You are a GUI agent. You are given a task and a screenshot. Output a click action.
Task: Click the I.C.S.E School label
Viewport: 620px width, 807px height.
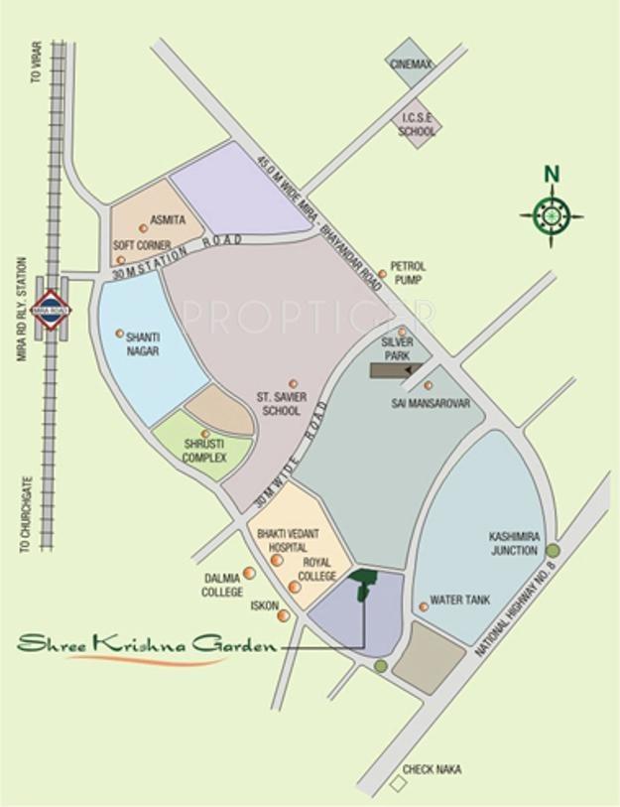(x=418, y=124)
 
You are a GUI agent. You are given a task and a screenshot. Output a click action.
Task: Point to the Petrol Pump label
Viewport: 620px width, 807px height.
(x=408, y=273)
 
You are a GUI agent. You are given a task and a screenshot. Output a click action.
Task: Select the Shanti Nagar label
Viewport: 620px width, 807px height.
(x=143, y=343)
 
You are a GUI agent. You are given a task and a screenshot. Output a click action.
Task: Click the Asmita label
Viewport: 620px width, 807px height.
(x=168, y=219)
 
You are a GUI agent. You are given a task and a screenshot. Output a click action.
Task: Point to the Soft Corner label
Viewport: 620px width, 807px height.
(x=142, y=245)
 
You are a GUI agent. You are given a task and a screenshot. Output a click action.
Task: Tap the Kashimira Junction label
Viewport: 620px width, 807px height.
(x=513, y=543)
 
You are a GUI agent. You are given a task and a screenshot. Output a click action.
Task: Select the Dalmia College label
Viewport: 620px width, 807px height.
(x=223, y=586)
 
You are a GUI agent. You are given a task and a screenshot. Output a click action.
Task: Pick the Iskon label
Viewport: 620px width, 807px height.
(x=264, y=605)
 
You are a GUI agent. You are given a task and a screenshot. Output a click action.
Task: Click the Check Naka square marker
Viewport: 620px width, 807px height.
(x=399, y=784)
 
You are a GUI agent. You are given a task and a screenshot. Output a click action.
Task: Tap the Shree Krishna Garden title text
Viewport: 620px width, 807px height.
(x=147, y=645)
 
